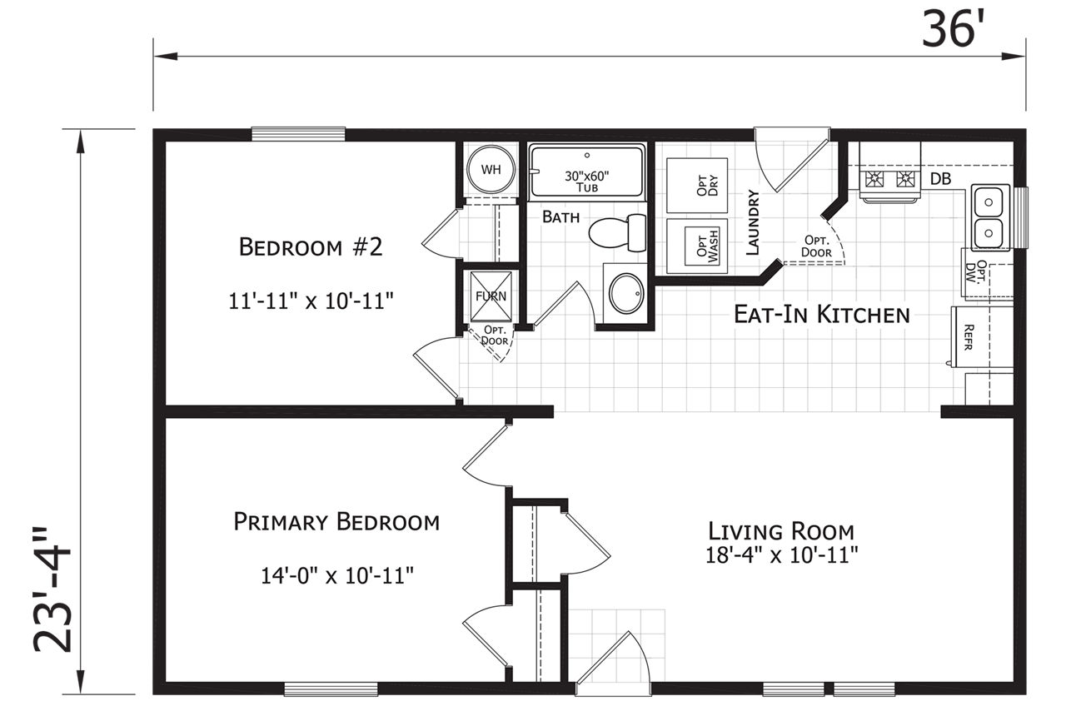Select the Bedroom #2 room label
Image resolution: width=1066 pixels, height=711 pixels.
pyautogui.click(x=311, y=247)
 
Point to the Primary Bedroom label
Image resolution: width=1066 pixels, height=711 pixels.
pyautogui.click(x=336, y=522)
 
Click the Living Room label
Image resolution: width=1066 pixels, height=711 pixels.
pyautogui.click(x=781, y=531)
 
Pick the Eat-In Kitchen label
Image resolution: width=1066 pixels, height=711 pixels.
pyautogui.click(x=822, y=315)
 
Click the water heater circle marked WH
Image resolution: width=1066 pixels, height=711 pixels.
pyautogui.click(x=491, y=169)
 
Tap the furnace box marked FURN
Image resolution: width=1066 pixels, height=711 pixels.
pyautogui.click(x=491, y=296)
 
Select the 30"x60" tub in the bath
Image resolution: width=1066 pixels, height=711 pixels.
pyautogui.click(x=587, y=171)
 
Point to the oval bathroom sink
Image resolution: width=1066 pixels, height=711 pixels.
pyautogui.click(x=626, y=293)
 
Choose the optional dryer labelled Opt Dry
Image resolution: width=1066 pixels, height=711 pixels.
pyautogui.click(x=697, y=185)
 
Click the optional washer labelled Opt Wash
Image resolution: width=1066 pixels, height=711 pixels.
pyautogui.click(x=697, y=246)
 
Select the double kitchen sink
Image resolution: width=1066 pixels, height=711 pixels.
pyautogui.click(x=989, y=217)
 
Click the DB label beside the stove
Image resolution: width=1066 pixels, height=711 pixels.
pyautogui.click(x=940, y=179)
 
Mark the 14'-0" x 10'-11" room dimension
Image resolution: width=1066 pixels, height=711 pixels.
pyautogui.click(x=337, y=575)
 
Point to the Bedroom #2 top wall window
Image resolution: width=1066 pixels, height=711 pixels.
pyautogui.click(x=298, y=134)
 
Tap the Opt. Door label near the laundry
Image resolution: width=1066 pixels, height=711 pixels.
pyautogui.click(x=816, y=246)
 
